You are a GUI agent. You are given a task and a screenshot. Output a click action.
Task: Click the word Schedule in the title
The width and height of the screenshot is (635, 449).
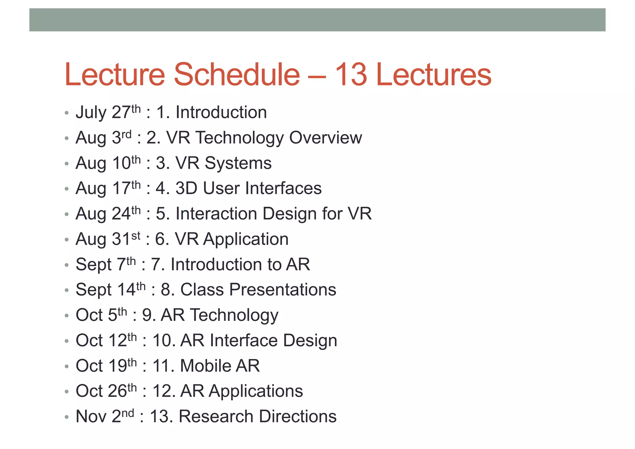click(x=237, y=74)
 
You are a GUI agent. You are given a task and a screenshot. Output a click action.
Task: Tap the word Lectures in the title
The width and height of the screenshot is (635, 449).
click(x=433, y=74)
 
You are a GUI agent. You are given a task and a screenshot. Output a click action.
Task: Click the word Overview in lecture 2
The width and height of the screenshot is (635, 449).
click(x=326, y=137)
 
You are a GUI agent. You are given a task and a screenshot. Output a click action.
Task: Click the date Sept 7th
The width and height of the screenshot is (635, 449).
click(x=106, y=264)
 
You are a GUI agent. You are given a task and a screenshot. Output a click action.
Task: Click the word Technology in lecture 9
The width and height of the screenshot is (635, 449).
click(x=234, y=315)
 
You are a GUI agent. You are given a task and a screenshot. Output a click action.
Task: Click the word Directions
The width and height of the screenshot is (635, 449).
click(x=298, y=416)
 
